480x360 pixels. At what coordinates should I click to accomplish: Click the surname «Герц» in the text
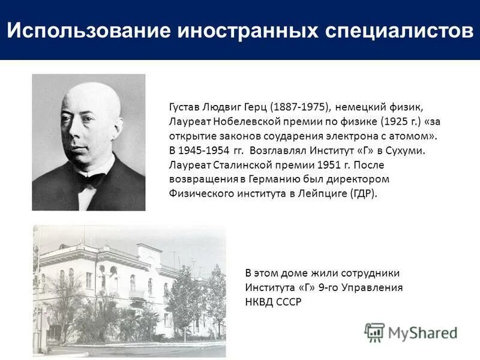(256, 107)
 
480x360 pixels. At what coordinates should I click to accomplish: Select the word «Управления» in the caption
(374, 287)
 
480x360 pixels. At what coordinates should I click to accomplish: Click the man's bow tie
(91, 179)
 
